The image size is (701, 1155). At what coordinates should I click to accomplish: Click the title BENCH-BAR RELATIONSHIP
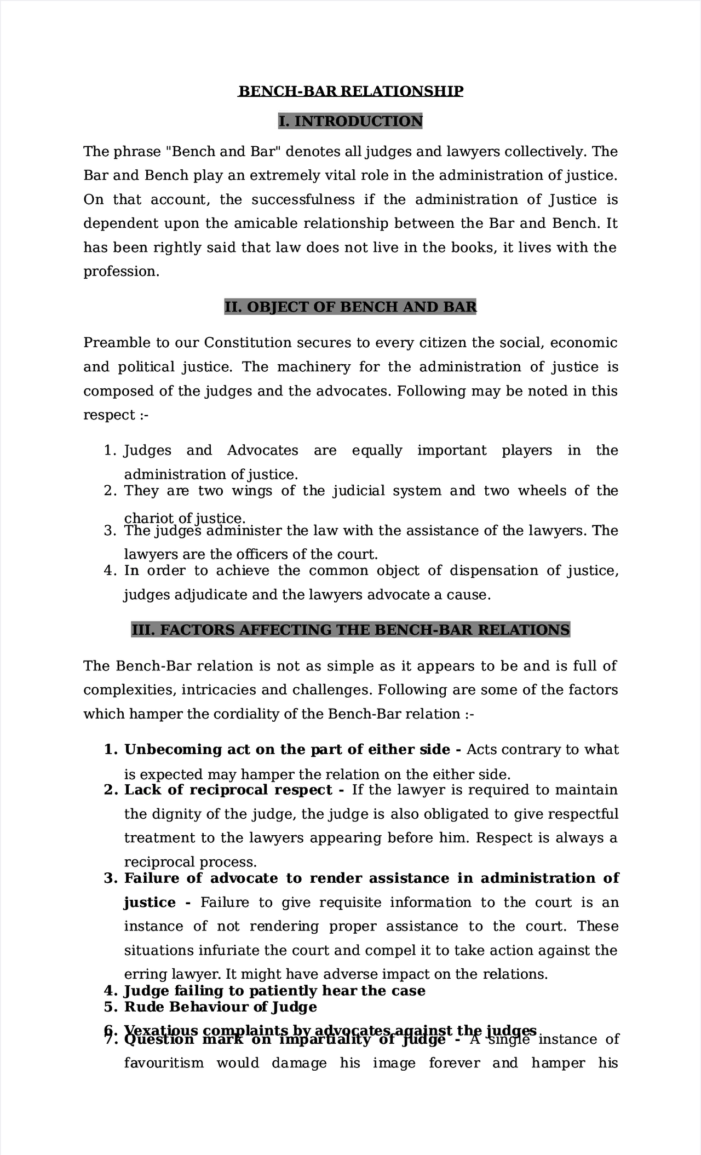[x=350, y=91]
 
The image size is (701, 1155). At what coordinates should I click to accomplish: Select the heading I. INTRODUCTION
[x=350, y=121]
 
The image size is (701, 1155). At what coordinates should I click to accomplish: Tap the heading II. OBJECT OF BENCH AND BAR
[x=350, y=307]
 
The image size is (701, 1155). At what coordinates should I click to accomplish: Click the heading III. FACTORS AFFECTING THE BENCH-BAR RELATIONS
[x=350, y=630]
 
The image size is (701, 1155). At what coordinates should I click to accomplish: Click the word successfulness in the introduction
[x=303, y=199]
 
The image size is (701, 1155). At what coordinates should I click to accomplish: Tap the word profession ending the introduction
[x=120, y=272]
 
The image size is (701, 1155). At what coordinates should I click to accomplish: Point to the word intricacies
[x=217, y=690]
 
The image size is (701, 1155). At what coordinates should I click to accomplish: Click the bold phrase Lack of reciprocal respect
[x=228, y=790]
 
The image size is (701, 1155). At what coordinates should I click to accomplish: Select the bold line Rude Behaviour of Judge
[x=220, y=1007]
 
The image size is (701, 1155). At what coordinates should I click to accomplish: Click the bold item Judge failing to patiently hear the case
[x=274, y=991]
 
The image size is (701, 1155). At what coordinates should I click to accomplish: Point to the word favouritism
[x=164, y=1064]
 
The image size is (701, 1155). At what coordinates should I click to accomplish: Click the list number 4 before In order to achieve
[x=108, y=571]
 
